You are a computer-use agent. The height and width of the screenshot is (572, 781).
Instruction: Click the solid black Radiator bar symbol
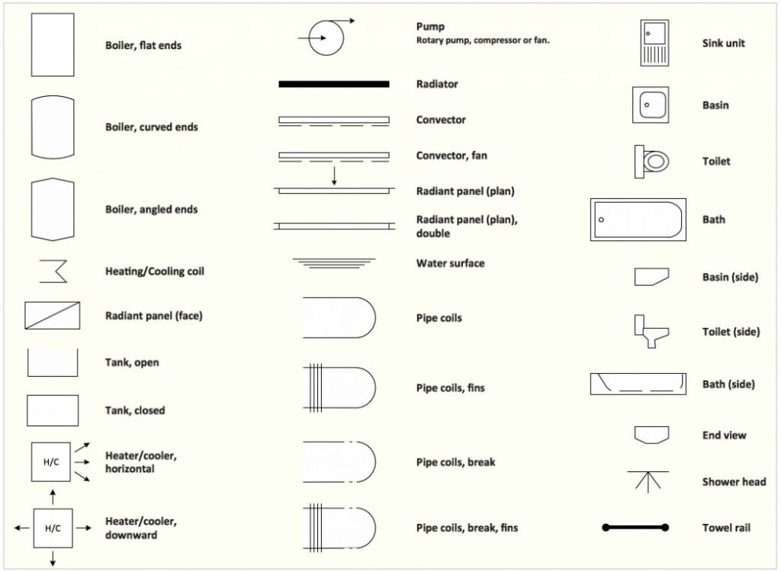point(334,84)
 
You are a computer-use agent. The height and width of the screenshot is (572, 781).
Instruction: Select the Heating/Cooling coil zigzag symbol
point(53,271)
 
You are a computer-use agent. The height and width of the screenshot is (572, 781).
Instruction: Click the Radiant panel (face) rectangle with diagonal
point(53,316)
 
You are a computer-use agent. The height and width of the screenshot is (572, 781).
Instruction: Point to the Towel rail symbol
point(635,527)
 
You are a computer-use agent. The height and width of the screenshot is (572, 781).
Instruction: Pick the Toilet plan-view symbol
point(651,162)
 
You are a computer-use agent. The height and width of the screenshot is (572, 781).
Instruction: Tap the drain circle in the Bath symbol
point(601,220)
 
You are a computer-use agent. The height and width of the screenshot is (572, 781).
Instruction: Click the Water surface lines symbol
point(334,263)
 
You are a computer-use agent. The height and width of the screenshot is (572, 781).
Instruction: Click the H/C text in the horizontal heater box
point(51,462)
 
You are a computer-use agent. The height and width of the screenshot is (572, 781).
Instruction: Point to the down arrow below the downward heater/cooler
point(53,558)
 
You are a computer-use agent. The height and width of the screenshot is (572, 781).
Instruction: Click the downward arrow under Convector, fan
point(334,176)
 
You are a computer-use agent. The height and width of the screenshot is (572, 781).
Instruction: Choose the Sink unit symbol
point(654,43)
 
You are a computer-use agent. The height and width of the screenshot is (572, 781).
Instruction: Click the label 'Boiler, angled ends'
point(152,209)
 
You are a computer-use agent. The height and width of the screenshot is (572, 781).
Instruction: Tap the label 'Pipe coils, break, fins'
point(468,528)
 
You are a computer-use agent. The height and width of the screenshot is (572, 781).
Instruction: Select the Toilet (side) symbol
point(651,331)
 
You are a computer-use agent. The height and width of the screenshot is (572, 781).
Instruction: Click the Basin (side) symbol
point(651,277)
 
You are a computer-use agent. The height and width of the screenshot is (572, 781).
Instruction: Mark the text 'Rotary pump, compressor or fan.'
point(483,40)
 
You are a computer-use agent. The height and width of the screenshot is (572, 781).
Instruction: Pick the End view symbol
point(651,435)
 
